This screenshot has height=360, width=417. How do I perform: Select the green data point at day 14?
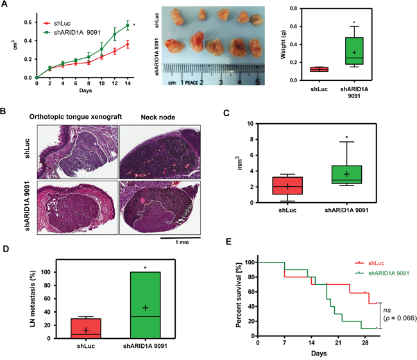[128, 25]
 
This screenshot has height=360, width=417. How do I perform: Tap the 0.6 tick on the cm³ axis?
[28, 22]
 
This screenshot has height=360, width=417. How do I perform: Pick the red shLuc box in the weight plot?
[319, 69]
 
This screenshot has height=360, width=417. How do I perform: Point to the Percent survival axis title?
[238, 298]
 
